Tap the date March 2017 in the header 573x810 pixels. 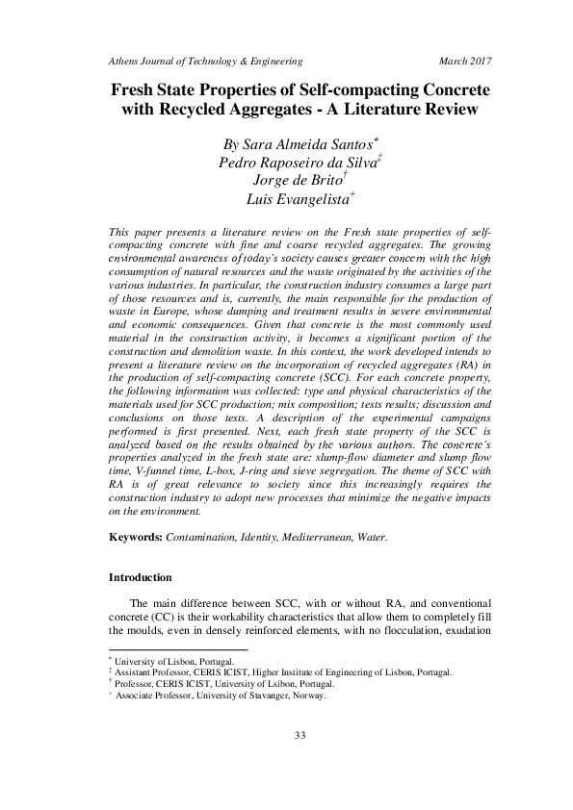pos(465,60)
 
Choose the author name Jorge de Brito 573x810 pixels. pos(286,181)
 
